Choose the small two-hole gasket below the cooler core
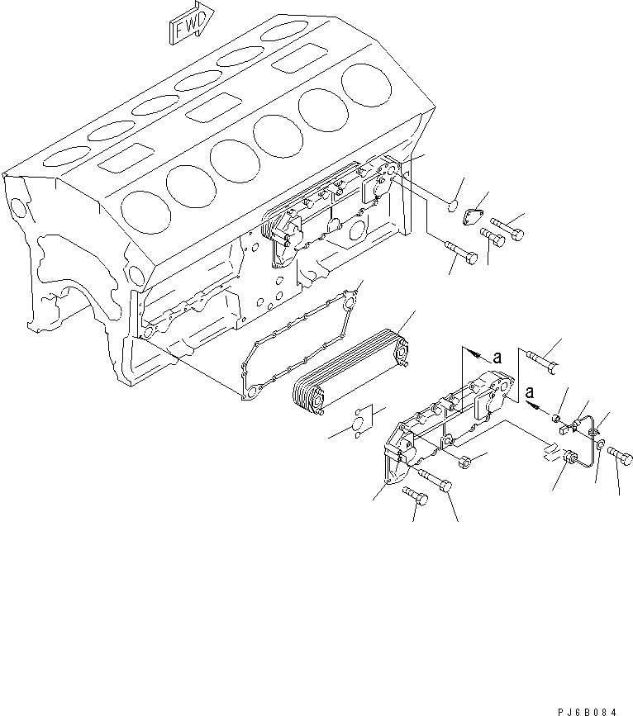359,422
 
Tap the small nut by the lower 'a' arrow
559,405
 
